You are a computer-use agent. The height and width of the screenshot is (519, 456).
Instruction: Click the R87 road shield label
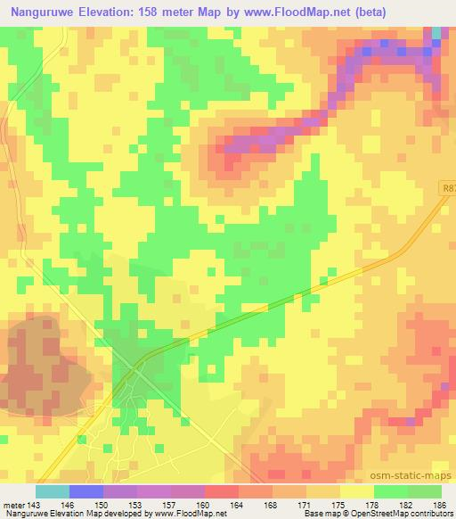pyautogui.click(x=448, y=188)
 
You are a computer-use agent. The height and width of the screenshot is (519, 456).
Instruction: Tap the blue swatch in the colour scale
pyautogui.click(x=85, y=491)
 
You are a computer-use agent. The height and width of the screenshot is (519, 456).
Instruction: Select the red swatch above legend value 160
pyautogui.click(x=221, y=491)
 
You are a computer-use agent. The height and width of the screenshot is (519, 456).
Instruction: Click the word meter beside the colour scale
pyautogui.click(x=12, y=504)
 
